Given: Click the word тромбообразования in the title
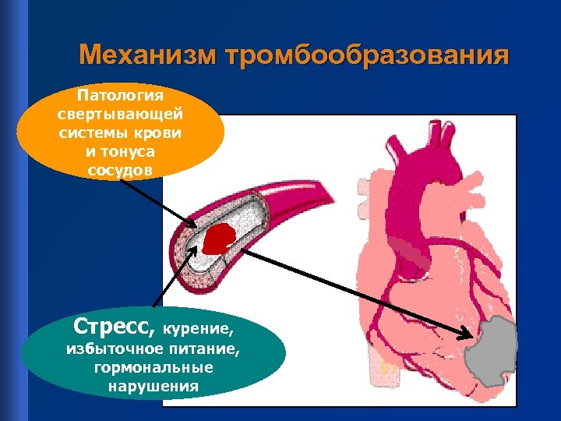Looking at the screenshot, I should (x=365, y=57).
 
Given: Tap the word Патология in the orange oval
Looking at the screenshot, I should (x=121, y=96).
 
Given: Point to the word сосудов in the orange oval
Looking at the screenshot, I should (x=121, y=168).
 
